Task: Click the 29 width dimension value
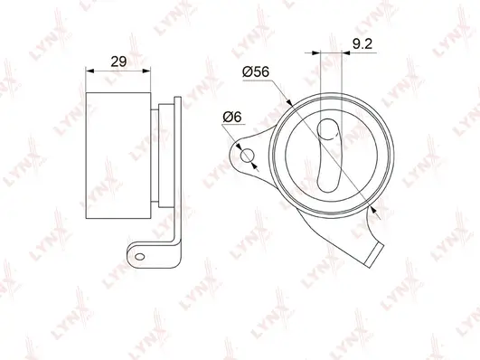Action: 118,62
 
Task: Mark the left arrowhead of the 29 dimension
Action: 89,71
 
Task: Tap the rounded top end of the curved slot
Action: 326,122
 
